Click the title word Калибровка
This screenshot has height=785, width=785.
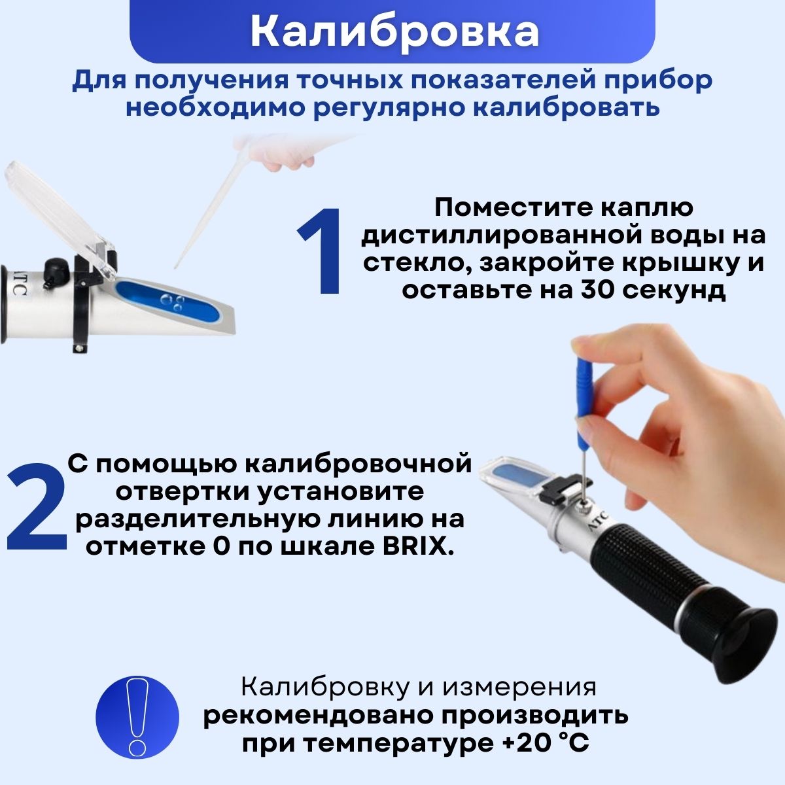coord(394,33)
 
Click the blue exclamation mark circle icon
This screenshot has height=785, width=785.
coord(137,717)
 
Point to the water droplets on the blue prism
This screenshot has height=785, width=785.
coord(172,302)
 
